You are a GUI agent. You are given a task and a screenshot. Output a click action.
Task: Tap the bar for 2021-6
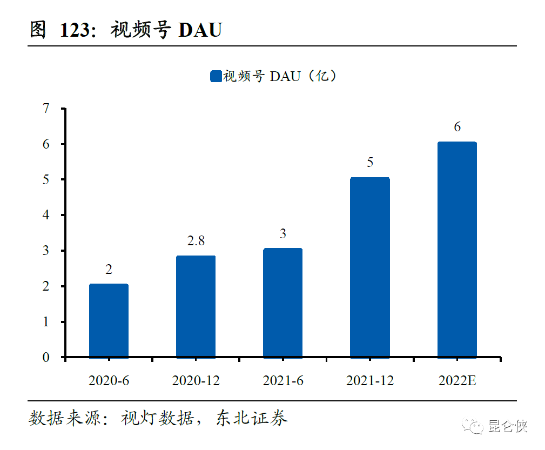tap(282, 303)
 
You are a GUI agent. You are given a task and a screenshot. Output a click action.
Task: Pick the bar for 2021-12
tap(370, 267)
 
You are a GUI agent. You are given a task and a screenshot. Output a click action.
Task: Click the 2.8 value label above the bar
tap(196, 241)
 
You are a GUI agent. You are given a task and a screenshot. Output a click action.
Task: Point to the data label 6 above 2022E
tap(457, 127)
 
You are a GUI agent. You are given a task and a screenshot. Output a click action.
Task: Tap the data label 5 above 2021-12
tap(370, 163)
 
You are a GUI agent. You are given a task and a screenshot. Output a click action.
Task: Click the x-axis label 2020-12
tap(196, 380)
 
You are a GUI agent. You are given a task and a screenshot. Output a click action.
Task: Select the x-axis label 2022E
tap(457, 380)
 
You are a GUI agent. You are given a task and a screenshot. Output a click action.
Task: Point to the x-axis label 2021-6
tap(283, 380)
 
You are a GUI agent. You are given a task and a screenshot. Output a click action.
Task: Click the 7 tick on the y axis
tap(46, 109)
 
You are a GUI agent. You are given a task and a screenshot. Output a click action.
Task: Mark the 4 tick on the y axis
tap(46, 215)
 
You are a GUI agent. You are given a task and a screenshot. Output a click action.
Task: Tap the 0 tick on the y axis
tap(46, 357)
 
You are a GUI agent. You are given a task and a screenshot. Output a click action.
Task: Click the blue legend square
tap(216, 77)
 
